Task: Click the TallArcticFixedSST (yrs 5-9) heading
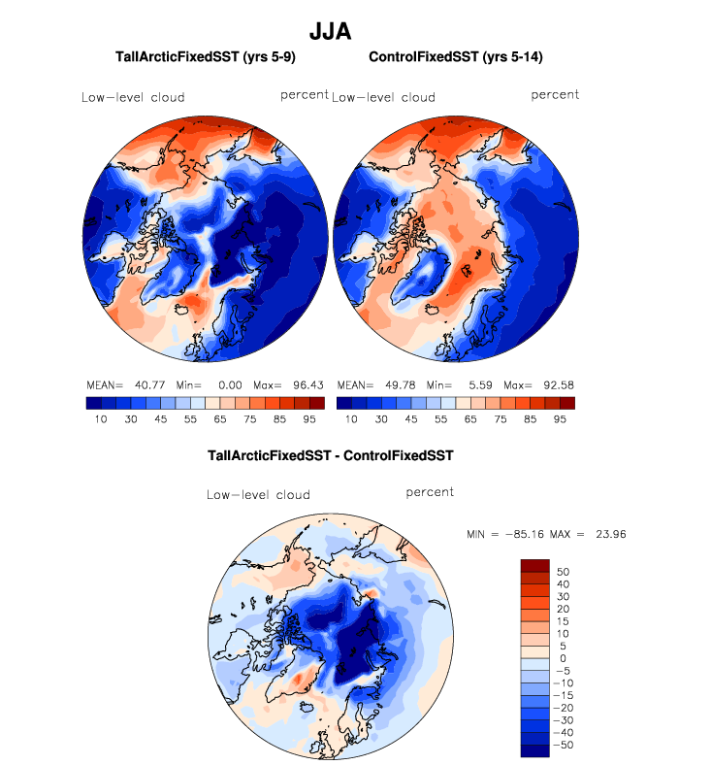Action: (x=206, y=58)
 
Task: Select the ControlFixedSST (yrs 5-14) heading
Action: (x=455, y=58)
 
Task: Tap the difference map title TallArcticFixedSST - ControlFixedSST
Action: (x=331, y=454)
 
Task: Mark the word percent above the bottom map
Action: (x=430, y=492)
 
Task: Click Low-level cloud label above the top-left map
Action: (x=133, y=97)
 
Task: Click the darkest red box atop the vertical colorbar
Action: (x=535, y=565)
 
